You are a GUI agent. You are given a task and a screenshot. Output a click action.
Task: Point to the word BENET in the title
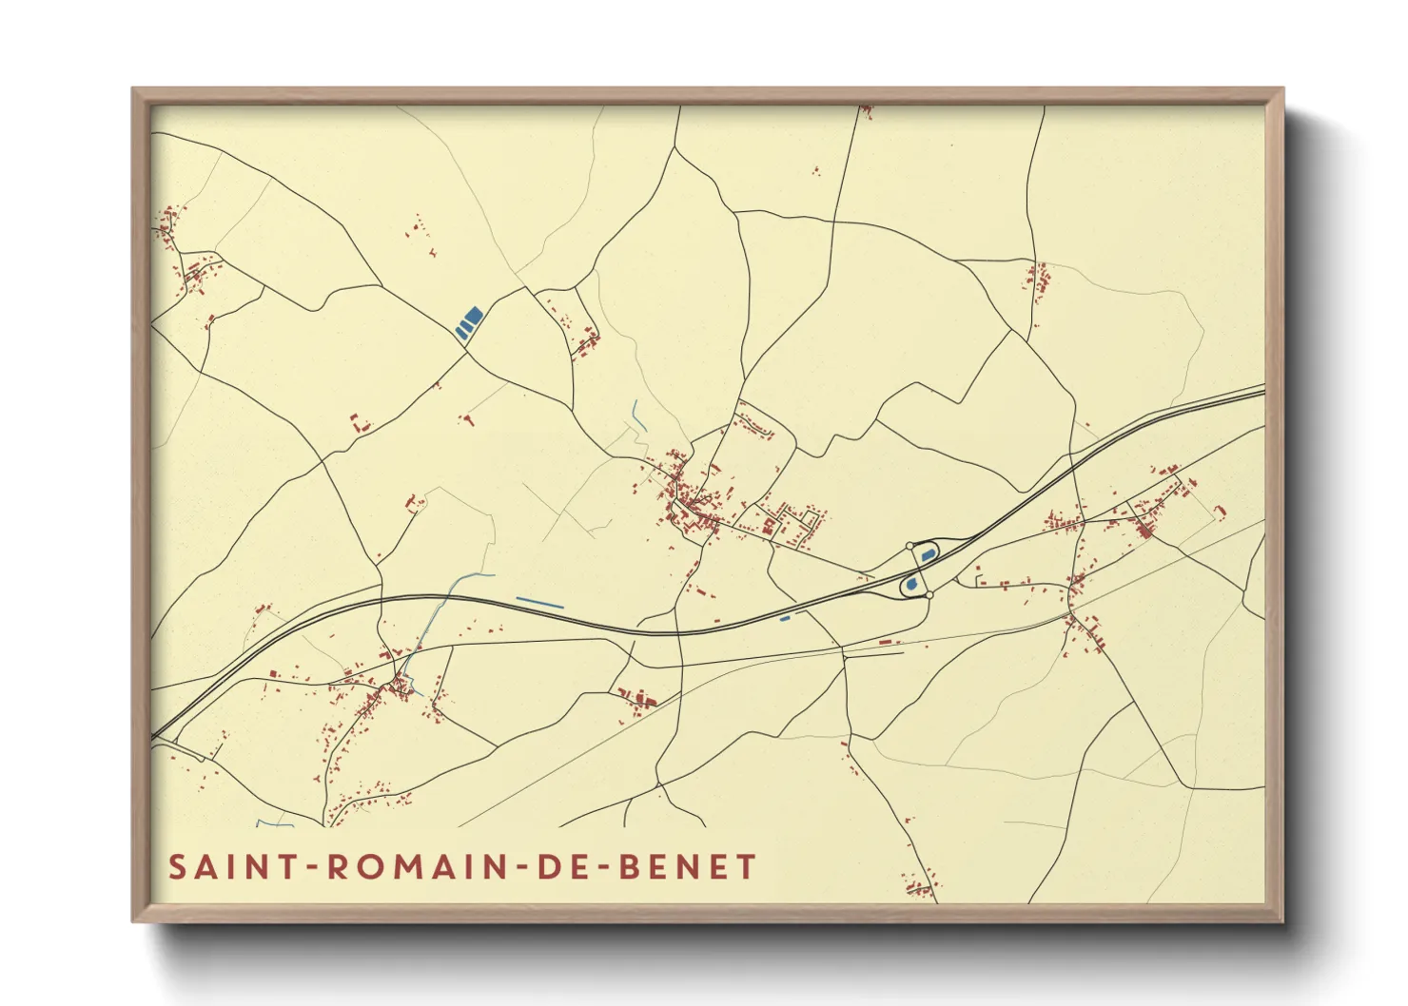tap(688, 867)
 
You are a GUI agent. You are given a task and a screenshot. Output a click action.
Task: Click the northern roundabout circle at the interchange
tap(909, 546)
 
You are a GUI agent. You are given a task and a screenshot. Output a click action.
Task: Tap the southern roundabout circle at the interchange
tap(929, 594)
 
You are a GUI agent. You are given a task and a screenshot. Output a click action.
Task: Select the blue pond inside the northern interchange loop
tap(928, 554)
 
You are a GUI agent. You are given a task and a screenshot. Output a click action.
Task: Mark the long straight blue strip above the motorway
tap(539, 603)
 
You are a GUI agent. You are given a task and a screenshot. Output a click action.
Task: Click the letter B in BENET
tap(630, 867)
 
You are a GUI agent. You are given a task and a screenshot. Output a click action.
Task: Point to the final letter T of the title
tap(747, 867)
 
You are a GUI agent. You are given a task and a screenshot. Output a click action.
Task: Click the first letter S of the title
tap(178, 867)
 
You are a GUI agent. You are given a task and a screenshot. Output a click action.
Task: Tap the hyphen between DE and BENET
tap(601, 868)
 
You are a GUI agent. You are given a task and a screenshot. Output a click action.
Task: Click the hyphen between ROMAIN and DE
tap(518, 868)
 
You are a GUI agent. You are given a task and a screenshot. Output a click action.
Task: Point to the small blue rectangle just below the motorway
tap(785, 619)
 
